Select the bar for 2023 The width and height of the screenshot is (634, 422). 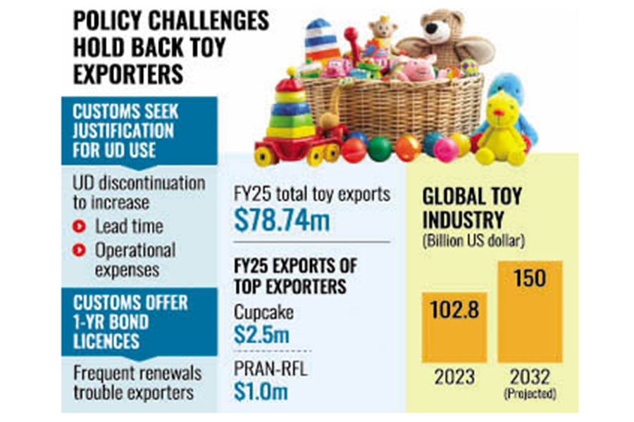(x=454, y=326)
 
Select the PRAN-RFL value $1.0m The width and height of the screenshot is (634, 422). (x=261, y=392)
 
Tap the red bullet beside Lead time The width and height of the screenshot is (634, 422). (x=81, y=226)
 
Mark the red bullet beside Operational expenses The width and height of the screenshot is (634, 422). (x=81, y=250)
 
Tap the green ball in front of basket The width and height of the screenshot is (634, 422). (x=380, y=148)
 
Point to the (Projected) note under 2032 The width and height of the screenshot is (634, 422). (x=530, y=395)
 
